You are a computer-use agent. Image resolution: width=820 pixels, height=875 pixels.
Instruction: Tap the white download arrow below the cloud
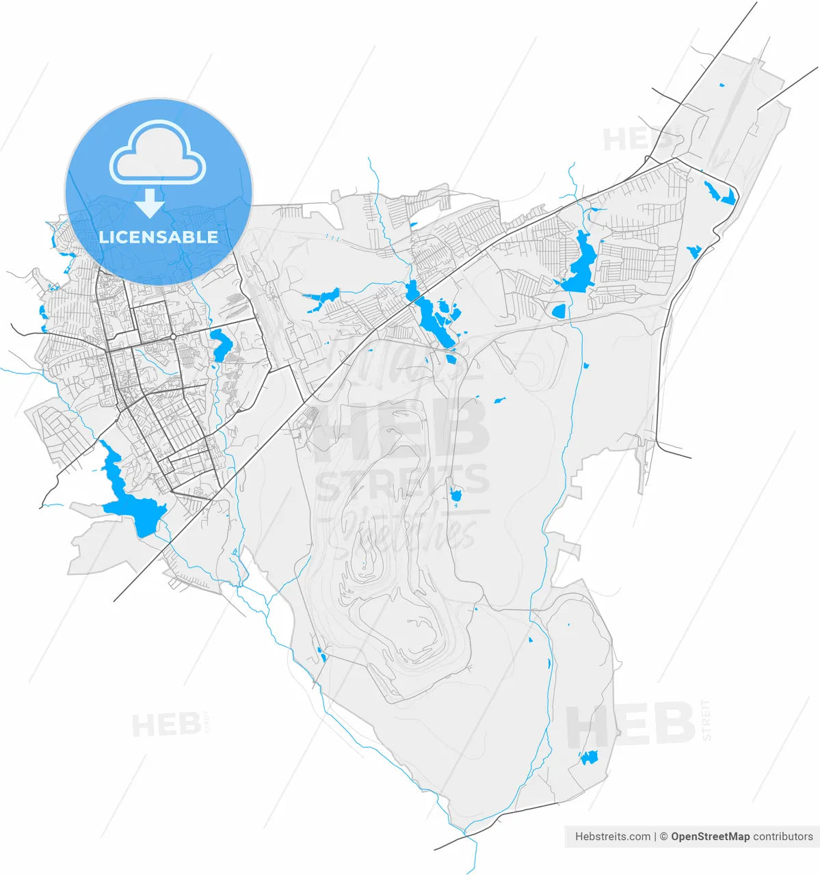(149, 203)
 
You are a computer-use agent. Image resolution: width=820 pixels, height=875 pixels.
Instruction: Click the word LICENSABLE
(159, 237)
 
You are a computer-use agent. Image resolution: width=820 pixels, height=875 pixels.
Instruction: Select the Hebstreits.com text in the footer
(613, 836)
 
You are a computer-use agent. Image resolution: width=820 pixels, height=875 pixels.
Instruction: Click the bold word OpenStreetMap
(710, 836)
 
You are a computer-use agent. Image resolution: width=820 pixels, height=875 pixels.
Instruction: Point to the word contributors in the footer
(783, 836)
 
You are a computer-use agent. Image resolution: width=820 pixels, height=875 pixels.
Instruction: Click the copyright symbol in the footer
(663, 836)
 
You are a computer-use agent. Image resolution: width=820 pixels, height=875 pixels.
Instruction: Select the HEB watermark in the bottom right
(630, 725)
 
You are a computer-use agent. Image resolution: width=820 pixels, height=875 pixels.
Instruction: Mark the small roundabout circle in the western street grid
(174, 337)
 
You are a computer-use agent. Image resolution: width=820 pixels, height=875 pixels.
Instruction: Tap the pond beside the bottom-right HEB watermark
(588, 757)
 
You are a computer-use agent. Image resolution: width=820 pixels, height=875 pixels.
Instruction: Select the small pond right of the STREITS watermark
(456, 495)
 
